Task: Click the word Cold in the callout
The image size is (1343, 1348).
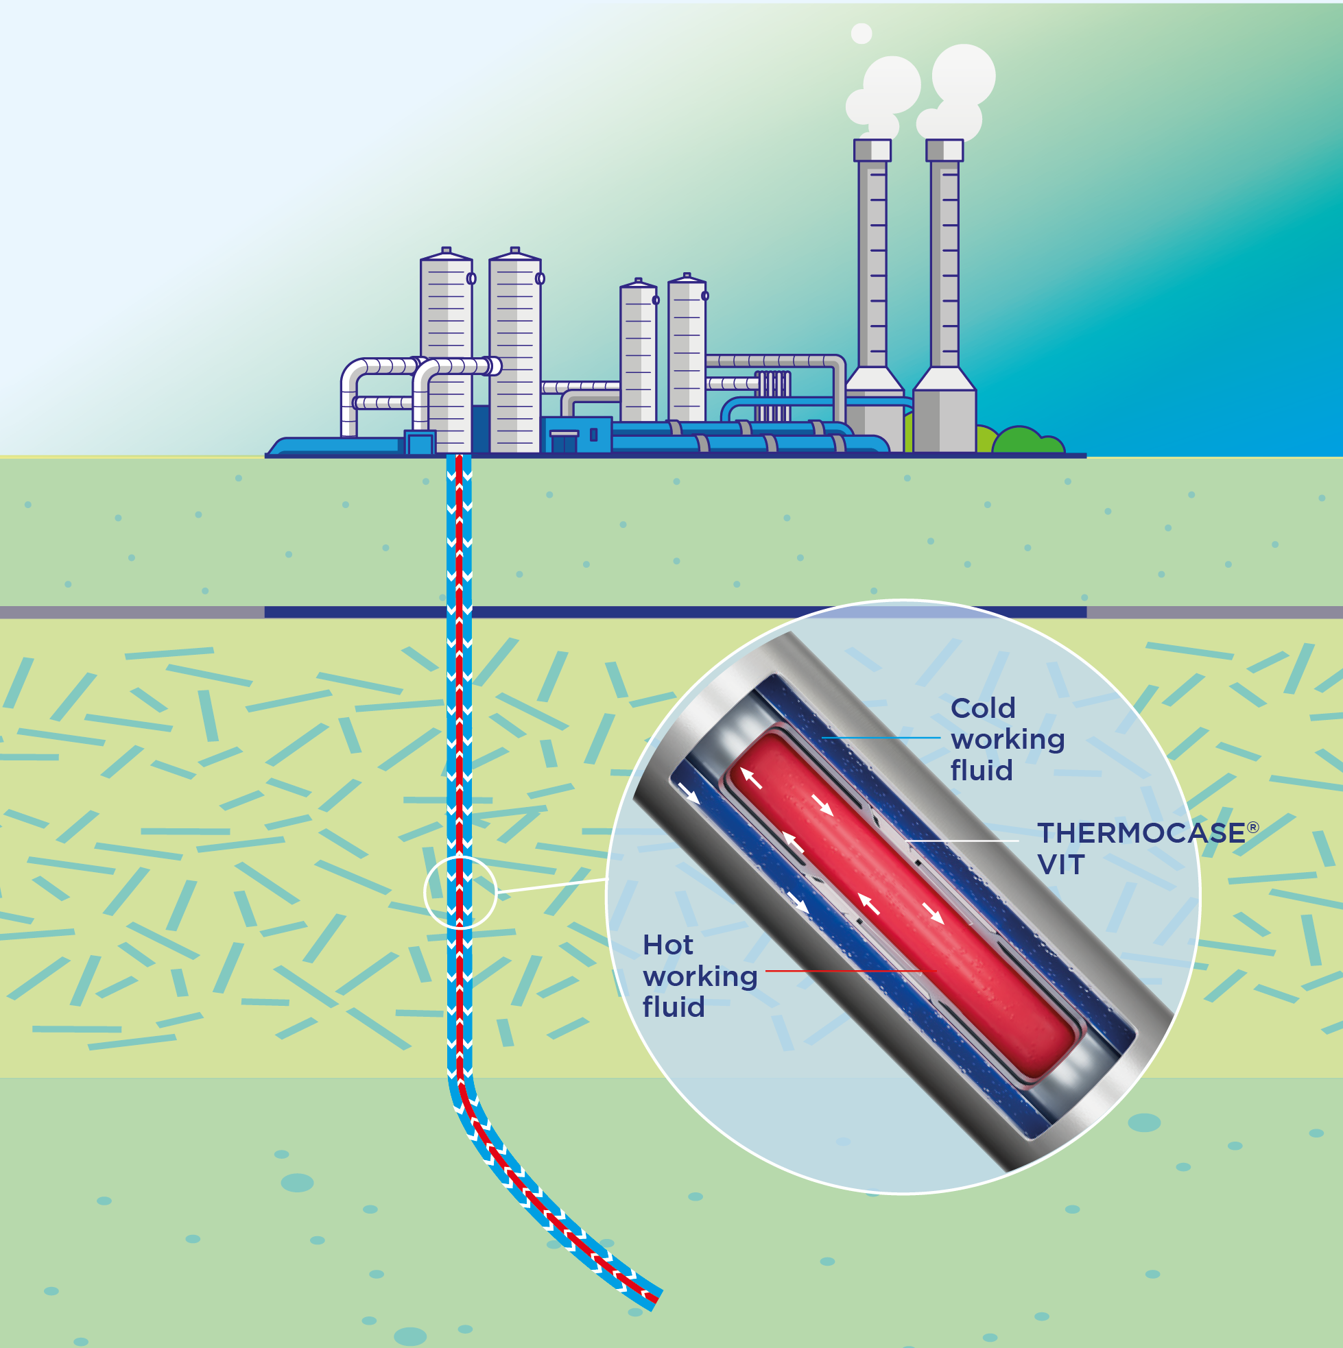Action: (x=982, y=708)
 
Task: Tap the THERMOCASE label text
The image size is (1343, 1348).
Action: (x=1141, y=833)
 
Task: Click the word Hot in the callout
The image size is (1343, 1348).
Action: (x=667, y=946)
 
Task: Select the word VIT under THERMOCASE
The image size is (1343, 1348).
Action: (x=1060, y=865)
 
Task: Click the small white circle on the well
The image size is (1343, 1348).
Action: (x=460, y=893)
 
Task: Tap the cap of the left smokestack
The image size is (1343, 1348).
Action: (x=872, y=150)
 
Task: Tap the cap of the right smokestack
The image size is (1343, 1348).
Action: (x=944, y=150)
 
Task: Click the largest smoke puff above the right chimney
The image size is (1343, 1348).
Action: (x=963, y=75)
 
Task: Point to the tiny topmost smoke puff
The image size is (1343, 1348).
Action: (x=861, y=33)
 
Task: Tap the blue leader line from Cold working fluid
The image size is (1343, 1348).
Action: (x=881, y=738)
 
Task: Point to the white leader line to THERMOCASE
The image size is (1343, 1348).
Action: (x=963, y=841)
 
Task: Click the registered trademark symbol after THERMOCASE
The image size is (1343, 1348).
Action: (x=1253, y=828)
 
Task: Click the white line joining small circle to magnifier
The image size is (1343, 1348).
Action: (x=551, y=886)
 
